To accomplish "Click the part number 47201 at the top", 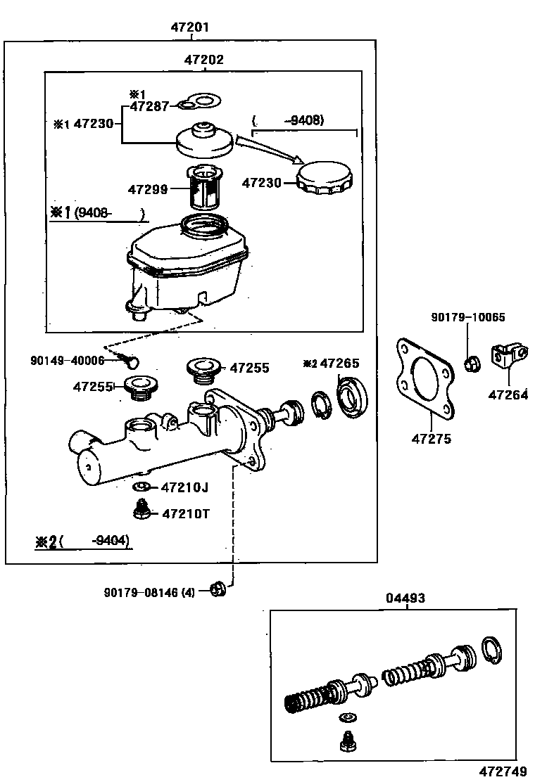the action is click(x=189, y=27).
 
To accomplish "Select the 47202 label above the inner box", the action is click(x=203, y=60).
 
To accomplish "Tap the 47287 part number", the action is click(x=149, y=106).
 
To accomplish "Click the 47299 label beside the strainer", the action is click(x=148, y=189).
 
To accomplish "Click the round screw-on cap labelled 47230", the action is click(x=325, y=178).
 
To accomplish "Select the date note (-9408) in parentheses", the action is click(x=289, y=120).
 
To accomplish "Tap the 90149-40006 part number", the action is click(x=68, y=360).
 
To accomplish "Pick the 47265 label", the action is click(x=339, y=363).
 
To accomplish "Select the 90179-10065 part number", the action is click(x=468, y=317).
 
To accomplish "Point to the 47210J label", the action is click(x=184, y=487).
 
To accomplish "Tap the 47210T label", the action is click(x=186, y=513).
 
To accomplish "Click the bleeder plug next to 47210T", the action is click(x=142, y=510).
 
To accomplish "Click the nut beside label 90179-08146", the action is click(x=218, y=589).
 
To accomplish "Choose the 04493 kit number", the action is click(x=405, y=598).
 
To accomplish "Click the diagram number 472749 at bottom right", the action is click(x=503, y=771).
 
